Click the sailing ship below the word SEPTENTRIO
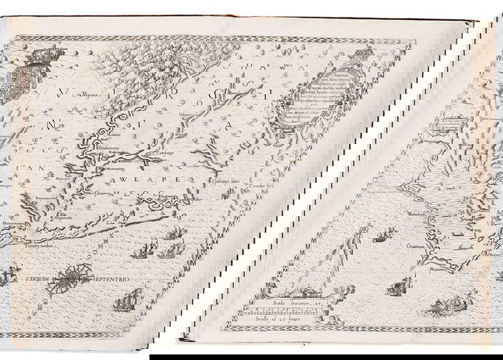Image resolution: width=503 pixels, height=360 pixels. tap(124, 300)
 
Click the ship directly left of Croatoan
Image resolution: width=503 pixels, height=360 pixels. tap(384, 239)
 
